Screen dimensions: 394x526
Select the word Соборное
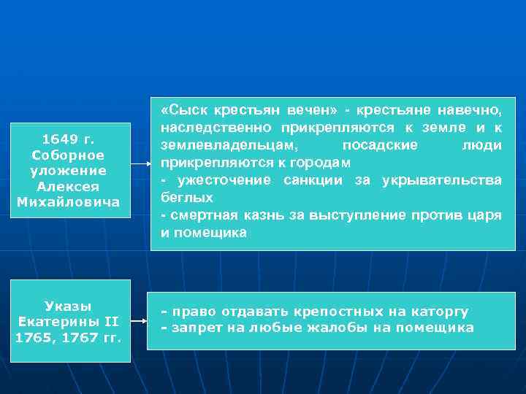pyautogui.click(x=69, y=155)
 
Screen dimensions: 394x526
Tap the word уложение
pyautogui.click(x=69, y=171)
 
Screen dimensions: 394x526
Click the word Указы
pyautogui.click(x=69, y=306)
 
